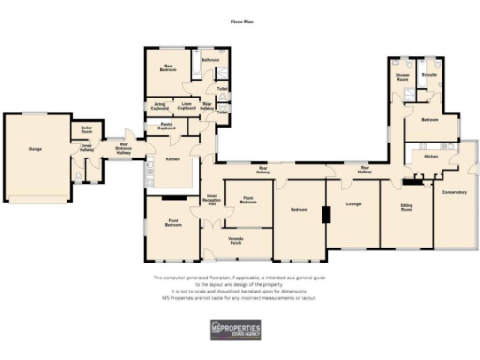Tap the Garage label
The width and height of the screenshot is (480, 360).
(x=36, y=148)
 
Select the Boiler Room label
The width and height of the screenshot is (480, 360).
(x=87, y=129)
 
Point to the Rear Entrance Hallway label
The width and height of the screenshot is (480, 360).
(x=124, y=148)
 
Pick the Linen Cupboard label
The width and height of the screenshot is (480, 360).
(x=187, y=107)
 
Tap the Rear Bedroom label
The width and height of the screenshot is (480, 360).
(x=169, y=67)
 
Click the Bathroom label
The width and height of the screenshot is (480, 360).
(x=211, y=61)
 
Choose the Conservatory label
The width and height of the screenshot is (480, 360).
(x=455, y=192)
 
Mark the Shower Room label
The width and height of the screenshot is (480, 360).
(x=404, y=76)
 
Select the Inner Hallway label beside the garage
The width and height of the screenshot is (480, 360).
(x=85, y=147)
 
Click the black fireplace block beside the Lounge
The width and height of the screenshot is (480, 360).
(x=324, y=216)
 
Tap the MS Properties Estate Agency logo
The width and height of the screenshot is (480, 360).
(x=240, y=330)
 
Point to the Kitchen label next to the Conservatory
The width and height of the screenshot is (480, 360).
(x=430, y=156)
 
